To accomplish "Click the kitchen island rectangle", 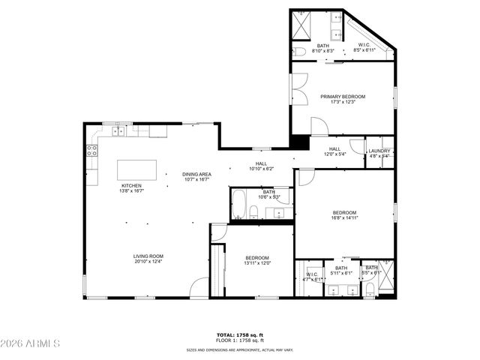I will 136,170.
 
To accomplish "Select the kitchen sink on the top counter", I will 118,131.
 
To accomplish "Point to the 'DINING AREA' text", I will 195,175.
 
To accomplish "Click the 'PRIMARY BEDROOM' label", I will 342,97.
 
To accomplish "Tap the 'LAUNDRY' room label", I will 379,151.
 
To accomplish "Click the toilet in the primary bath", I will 299,51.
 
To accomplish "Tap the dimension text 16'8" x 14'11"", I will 344,218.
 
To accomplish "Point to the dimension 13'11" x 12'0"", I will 256,263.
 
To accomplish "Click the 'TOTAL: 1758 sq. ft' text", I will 240,335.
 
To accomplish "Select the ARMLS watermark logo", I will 31,343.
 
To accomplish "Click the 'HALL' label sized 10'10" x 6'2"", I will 261,163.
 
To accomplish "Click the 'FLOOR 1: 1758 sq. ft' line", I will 240,341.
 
